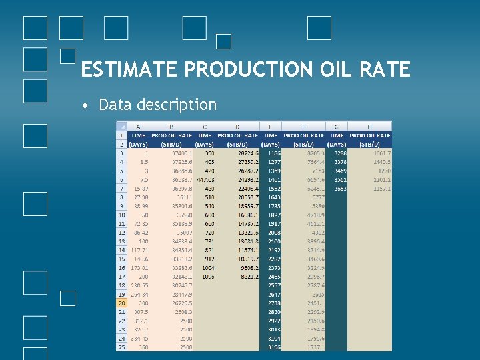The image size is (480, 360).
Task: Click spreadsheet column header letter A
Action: pyautogui.click(x=138, y=126)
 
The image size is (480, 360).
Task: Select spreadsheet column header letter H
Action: pyautogui.click(x=369, y=126)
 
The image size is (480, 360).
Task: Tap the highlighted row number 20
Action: pyautogui.click(x=121, y=303)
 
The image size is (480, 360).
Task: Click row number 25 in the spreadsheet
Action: pyautogui.click(x=121, y=347)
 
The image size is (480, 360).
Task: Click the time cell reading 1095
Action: pyautogui.click(x=204, y=275)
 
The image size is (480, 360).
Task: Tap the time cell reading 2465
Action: pyautogui.click(x=271, y=275)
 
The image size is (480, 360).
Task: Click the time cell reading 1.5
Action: pyautogui.click(x=139, y=162)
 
